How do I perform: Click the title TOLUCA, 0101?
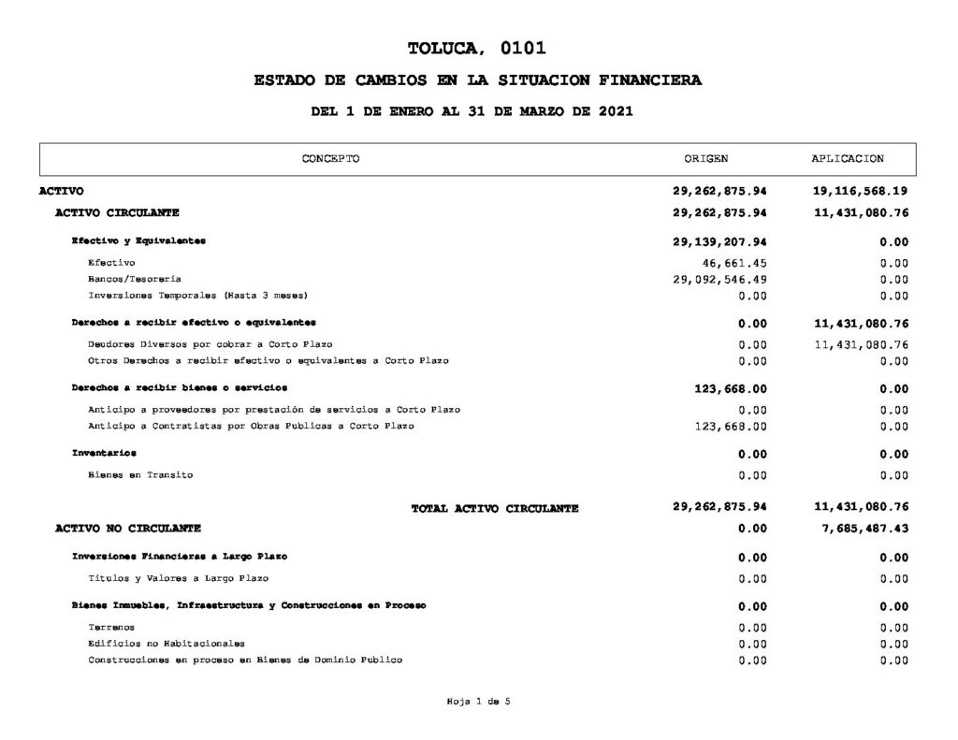(477, 49)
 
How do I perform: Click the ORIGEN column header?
(706, 159)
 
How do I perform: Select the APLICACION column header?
(848, 159)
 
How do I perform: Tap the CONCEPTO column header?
(330, 159)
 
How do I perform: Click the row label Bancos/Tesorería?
(134, 280)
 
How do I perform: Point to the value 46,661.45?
(733, 263)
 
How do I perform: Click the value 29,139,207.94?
(719, 241)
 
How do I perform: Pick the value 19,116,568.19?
(861, 191)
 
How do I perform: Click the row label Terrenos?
(111, 628)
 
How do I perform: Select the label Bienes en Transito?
(140, 475)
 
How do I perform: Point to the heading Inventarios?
(104, 454)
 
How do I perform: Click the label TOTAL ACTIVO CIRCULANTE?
(495, 509)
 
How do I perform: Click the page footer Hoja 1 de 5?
(478, 703)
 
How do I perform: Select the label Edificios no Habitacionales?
(167, 644)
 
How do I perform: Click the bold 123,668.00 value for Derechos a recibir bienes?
(731, 388)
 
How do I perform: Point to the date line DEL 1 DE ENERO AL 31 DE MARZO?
(472, 111)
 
